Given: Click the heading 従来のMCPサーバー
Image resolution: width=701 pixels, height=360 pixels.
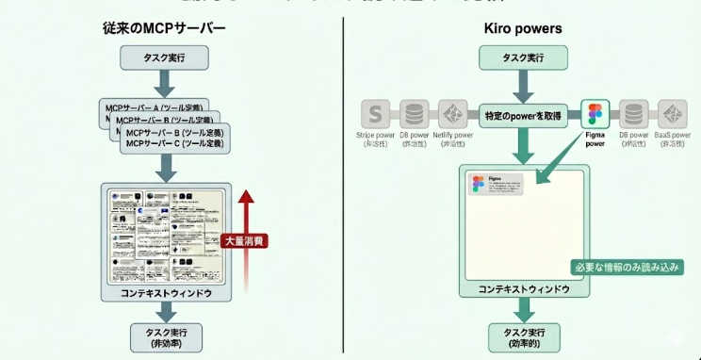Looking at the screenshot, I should (165, 28).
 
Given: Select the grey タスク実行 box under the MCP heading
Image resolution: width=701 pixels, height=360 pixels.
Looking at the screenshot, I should (165, 58).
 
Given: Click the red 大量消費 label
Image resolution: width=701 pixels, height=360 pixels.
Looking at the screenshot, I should (244, 241).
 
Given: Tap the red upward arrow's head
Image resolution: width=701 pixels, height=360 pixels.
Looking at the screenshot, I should (246, 196).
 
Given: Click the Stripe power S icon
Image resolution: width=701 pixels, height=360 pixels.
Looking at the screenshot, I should (375, 115).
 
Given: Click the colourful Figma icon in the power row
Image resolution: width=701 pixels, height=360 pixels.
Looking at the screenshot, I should (595, 115).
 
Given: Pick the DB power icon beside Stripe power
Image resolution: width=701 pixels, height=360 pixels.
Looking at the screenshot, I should (413, 115).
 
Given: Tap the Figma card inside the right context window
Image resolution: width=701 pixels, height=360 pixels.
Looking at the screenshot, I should (496, 184).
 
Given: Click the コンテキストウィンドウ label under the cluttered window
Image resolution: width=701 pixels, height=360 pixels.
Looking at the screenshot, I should (166, 293).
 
